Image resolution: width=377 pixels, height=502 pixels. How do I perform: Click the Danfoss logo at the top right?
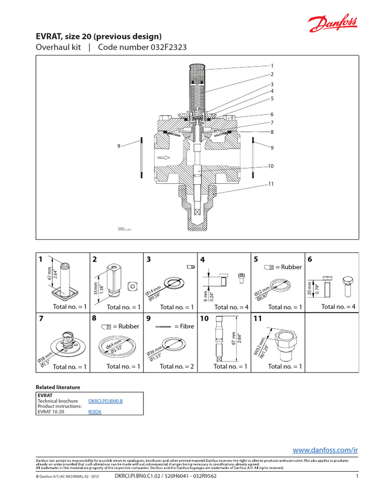[x=333, y=24]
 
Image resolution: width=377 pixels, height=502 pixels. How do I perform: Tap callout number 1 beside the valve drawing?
[x=271, y=65]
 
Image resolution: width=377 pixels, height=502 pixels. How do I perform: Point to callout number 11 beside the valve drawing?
[x=270, y=184]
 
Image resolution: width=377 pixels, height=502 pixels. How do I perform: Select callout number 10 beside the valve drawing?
[x=270, y=166]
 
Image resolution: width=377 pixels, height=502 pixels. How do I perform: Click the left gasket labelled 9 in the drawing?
[x=140, y=158]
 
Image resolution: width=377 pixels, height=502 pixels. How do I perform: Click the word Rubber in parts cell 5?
[x=292, y=267]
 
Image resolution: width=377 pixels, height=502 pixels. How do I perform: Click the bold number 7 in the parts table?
[x=41, y=319]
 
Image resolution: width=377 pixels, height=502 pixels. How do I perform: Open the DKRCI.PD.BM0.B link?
[x=105, y=401]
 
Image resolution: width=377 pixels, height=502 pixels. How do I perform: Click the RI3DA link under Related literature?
[x=95, y=412]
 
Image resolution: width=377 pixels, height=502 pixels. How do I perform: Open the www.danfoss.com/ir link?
[x=325, y=450]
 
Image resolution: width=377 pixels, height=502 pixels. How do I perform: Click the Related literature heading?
[x=58, y=387]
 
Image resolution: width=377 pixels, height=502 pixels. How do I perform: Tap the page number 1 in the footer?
[x=357, y=476]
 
